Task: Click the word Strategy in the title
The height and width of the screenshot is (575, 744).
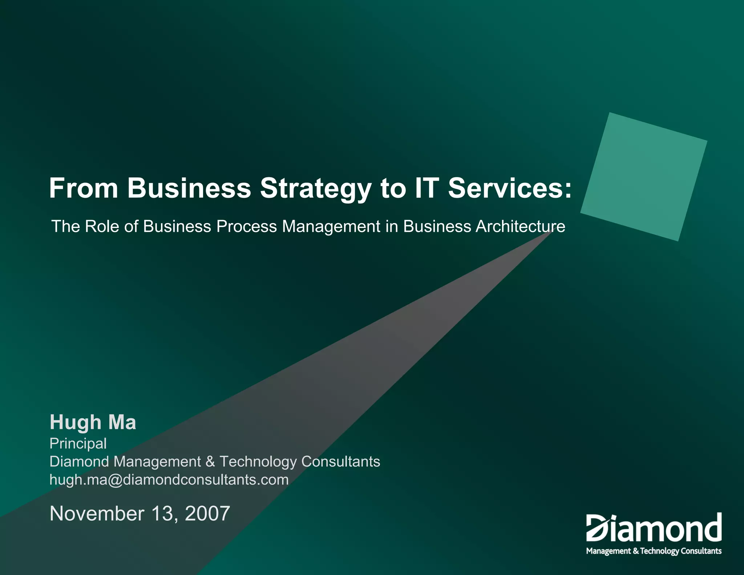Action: coord(315,189)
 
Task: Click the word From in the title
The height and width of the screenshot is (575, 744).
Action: coord(84,188)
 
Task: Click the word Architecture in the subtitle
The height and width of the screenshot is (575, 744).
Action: coord(520,226)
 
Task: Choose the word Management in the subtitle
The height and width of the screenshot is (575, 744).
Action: coord(331,226)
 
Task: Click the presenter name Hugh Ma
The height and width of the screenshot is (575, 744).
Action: coord(93,422)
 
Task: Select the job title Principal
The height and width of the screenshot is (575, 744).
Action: coord(78,444)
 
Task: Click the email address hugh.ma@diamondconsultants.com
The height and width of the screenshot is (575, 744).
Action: coord(169,480)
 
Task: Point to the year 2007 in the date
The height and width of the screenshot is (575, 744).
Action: coord(207,514)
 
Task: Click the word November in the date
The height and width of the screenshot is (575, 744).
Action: coord(97,514)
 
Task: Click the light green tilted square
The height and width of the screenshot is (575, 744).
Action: coord(644,177)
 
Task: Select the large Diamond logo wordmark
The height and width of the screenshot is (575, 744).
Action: coord(654,528)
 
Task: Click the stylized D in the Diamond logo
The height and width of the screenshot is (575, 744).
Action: coord(597,528)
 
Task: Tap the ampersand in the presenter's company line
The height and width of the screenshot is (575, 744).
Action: coord(210,462)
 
